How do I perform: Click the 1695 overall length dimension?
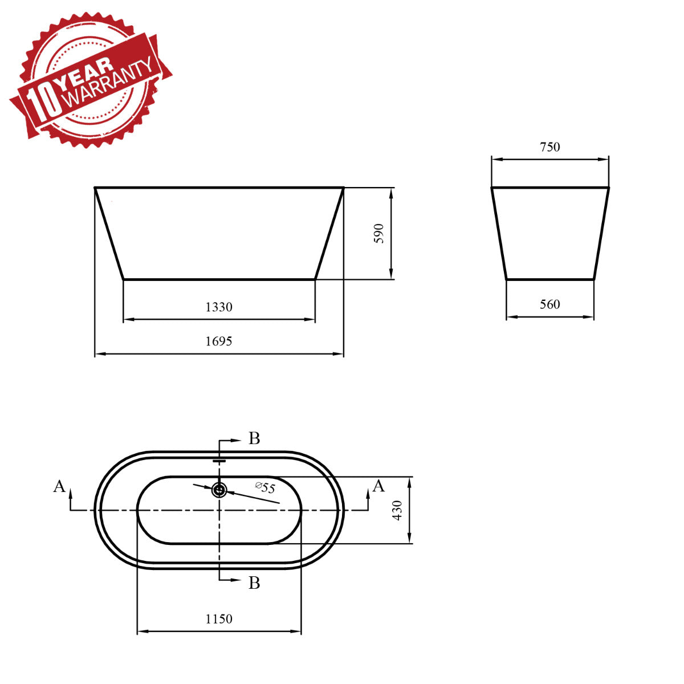click(x=219, y=341)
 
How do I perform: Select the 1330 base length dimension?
click(x=219, y=307)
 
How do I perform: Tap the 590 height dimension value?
click(x=379, y=234)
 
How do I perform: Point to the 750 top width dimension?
click(x=550, y=147)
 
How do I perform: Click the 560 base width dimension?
click(x=550, y=304)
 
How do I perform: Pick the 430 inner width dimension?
click(x=397, y=510)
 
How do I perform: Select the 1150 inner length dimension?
click(x=219, y=619)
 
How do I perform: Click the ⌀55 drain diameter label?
click(x=265, y=488)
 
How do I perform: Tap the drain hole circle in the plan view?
click(x=219, y=490)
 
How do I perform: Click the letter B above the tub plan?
click(x=254, y=438)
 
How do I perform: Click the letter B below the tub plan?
click(x=254, y=583)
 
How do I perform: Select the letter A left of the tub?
click(x=59, y=486)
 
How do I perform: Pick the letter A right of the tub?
click(x=378, y=486)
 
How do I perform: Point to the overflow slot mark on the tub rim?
click(x=219, y=460)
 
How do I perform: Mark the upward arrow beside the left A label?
click(x=71, y=492)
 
